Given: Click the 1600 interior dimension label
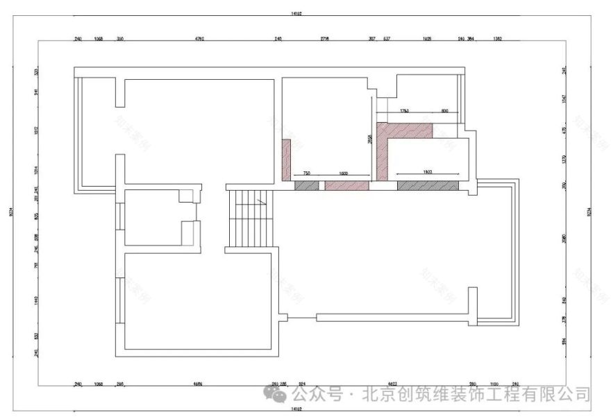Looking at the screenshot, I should click(x=343, y=173).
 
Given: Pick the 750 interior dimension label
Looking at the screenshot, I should click(x=305, y=173).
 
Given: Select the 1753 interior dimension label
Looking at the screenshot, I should click(x=403, y=111).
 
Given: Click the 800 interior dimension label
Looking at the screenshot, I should click(x=444, y=111).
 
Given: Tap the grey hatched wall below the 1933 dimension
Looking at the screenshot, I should click(x=428, y=185).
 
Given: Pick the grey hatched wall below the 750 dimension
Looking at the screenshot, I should click(x=306, y=185).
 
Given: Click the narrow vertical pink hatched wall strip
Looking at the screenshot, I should click(x=285, y=158).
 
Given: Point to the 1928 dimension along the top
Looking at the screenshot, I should click(x=427, y=40).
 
